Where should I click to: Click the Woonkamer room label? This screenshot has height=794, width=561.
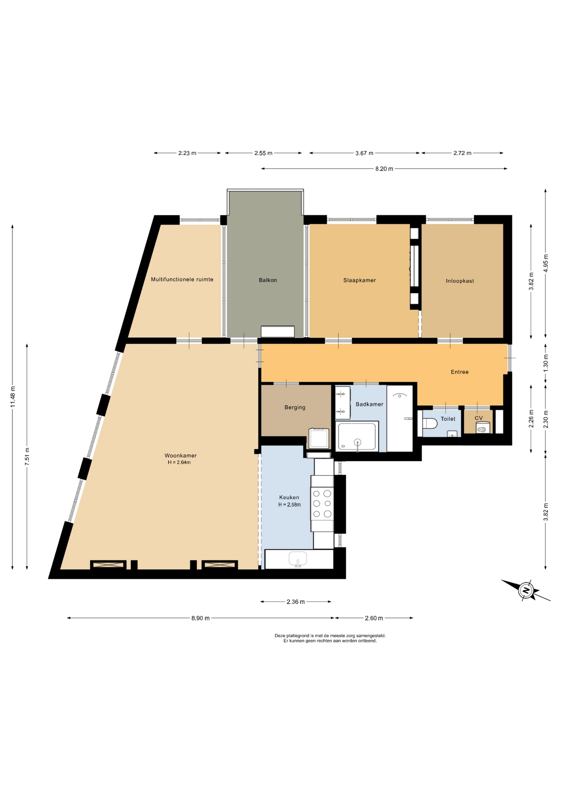click(x=181, y=456)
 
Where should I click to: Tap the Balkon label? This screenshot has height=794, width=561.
click(x=268, y=280)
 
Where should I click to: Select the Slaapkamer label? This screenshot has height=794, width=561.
click(x=359, y=280)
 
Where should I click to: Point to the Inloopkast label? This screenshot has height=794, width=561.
click(x=460, y=281)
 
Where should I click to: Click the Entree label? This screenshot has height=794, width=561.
click(x=459, y=372)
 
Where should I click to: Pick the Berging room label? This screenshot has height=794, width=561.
click(x=295, y=407)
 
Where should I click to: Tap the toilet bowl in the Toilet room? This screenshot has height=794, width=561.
click(x=430, y=423)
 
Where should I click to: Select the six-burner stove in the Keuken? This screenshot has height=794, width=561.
click(x=322, y=503)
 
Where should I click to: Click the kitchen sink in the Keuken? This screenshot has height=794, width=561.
click(x=298, y=558)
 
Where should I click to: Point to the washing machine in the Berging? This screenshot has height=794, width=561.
click(x=319, y=438)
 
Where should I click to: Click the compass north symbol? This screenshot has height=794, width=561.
click(x=526, y=590)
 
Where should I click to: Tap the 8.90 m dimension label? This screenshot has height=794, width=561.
click(x=200, y=618)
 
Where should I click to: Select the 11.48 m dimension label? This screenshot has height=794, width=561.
click(x=12, y=397)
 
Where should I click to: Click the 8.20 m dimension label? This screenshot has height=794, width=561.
click(x=384, y=169)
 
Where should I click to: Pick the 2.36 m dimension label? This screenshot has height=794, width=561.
click(x=296, y=602)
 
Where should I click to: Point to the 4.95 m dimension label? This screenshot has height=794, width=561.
click(x=545, y=263)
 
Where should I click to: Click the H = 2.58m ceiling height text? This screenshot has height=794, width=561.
click(x=289, y=505)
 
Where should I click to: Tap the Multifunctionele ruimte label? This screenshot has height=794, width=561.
click(x=182, y=280)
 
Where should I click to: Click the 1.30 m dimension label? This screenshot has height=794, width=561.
click(x=545, y=363)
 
